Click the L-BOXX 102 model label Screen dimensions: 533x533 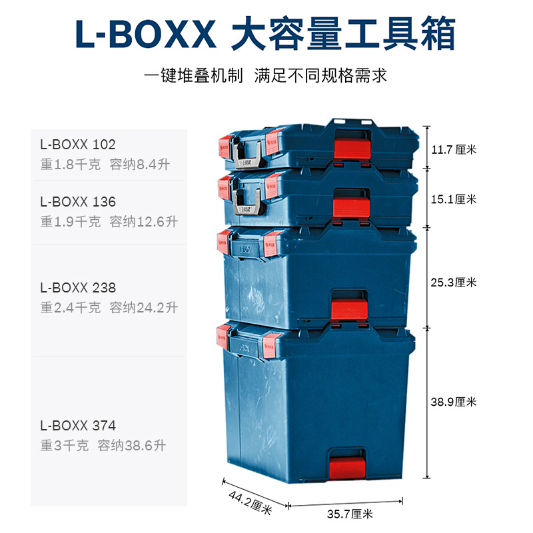point(78,144)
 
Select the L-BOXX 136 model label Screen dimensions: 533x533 point(78,201)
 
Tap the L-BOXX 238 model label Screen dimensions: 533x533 point(78,288)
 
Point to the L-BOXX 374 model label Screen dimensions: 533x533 point(78,425)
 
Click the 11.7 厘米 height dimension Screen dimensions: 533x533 point(454,149)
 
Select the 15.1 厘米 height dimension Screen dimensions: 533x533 point(454,199)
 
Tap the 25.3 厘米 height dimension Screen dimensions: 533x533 point(454,282)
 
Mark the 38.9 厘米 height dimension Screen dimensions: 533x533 point(454,402)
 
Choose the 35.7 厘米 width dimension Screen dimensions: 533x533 point(349,514)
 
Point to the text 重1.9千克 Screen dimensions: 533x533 point(71,221)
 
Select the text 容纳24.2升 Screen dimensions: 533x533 point(144,308)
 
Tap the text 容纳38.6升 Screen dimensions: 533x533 point(132,445)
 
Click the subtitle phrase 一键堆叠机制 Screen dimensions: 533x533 point(193,75)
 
